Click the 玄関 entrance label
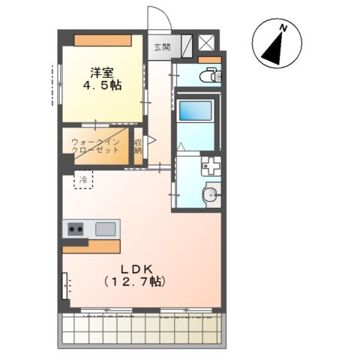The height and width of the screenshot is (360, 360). pyautogui.click(x=162, y=47)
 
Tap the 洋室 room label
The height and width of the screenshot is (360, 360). pyautogui.click(x=102, y=73)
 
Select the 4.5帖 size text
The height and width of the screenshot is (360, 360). pyautogui.click(x=102, y=85)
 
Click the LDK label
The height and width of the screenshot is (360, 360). pyautogui.click(x=137, y=269)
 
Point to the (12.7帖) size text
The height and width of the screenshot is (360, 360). pyautogui.click(x=135, y=282)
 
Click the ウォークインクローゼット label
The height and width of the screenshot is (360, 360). pyautogui.click(x=95, y=146)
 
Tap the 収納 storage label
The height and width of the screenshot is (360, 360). pyautogui.click(x=138, y=147)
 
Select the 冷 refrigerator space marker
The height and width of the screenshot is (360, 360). pyautogui.click(x=83, y=179)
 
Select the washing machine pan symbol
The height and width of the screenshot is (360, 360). pyautogui.click(x=211, y=166)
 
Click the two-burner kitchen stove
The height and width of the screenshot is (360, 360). pyautogui.click(x=76, y=229)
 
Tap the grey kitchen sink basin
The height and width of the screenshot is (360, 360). pyautogui.click(x=106, y=229)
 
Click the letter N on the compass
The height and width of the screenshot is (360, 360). pyautogui.click(x=283, y=28)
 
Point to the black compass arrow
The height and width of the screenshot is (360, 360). pyautogui.click(x=274, y=49)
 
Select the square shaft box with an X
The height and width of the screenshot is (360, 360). pyautogui.click(x=206, y=43)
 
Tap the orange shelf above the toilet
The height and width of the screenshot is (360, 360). pyautogui.click(x=210, y=60)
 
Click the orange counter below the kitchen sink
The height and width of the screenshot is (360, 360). pyautogui.click(x=91, y=247)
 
